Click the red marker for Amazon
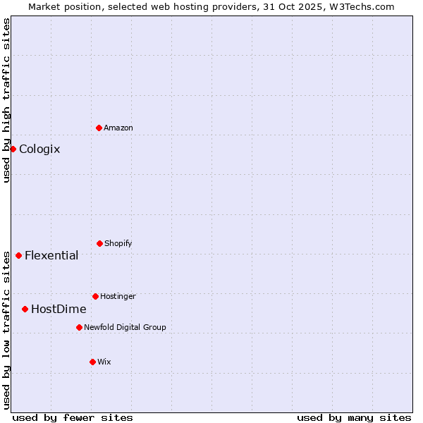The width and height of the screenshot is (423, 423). pos(99,128)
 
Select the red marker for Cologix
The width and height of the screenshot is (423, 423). pos(13,149)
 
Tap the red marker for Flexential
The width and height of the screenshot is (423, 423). pos(18,255)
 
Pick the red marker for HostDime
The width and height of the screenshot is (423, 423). pos(25,309)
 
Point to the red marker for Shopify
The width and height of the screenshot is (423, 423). pos(99,243)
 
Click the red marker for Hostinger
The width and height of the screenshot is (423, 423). pos(95,296)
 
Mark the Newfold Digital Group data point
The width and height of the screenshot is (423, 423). pos(79,327)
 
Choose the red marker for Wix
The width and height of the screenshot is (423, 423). pos(92,362)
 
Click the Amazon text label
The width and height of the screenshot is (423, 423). pos(118,128)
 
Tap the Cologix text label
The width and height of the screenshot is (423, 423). pos(39,149)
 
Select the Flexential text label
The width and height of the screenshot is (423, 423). pos(51,255)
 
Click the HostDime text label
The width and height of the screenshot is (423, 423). pos(59,309)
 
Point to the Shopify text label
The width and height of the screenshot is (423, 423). pos(118,243)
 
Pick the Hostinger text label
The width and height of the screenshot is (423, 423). pos(118,296)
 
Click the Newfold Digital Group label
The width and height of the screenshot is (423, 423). pos(125,327)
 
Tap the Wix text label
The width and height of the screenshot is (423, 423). pos(104,362)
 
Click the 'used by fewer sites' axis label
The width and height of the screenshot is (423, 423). pos(73,417)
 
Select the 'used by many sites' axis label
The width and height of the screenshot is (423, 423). pos(354,417)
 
